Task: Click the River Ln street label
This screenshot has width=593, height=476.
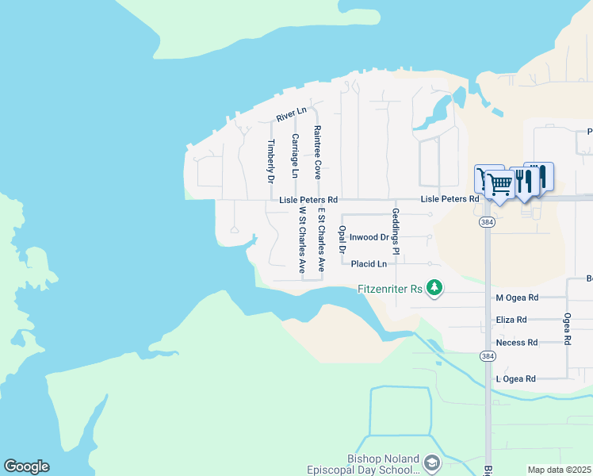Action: coord(291,115)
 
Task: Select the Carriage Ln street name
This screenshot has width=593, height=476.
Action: coord(294,155)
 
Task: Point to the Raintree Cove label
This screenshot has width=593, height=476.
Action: coord(317,152)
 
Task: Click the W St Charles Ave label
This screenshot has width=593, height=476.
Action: coord(302,240)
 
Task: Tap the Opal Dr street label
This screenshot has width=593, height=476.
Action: coord(342,239)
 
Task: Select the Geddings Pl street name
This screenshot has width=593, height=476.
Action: coord(394,232)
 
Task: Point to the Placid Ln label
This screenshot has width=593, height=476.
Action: coord(369,263)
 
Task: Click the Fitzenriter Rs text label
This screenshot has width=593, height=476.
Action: coord(388,289)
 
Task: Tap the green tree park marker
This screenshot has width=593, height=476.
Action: coord(434,287)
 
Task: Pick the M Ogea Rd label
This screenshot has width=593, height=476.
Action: coord(516,297)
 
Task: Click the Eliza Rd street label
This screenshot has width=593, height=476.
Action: coord(511,320)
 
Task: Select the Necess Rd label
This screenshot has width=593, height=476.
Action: coord(516,343)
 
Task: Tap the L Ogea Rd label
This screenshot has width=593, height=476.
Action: coord(515,379)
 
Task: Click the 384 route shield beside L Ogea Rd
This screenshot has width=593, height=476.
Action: coord(487,358)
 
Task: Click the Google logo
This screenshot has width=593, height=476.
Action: coord(26,466)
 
